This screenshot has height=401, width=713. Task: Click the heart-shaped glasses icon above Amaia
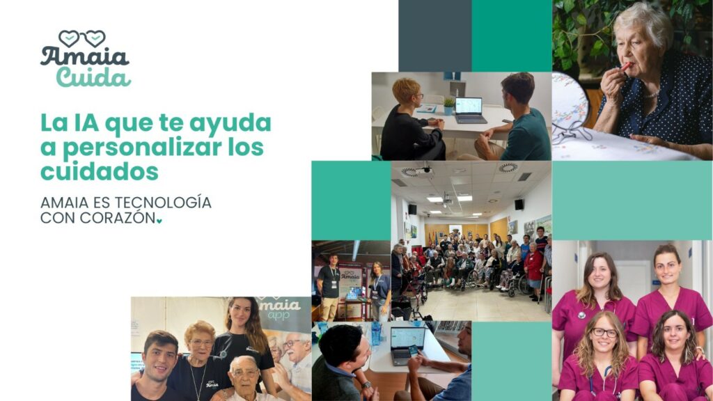coord(82,39)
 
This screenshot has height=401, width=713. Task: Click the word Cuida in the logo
coord(93,77)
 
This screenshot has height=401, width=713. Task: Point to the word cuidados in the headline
coord(100,171)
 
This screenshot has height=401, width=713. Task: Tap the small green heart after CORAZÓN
coord(159,221)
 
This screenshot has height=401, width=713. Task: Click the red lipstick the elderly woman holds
coord(626,67)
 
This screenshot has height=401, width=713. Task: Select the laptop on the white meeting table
coord(470,111)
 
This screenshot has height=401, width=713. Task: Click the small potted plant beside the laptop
coord(449,107)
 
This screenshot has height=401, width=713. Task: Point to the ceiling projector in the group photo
coord(448,198)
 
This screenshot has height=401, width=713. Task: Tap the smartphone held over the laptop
coord(413,351)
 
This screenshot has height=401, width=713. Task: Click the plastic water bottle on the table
coord(376,335)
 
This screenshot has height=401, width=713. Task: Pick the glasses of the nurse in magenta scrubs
coord(605,332)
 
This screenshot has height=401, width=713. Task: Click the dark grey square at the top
coord(435,36)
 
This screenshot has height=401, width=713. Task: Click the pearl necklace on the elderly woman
coord(652,94)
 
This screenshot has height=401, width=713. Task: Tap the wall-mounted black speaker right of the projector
coord(519,205)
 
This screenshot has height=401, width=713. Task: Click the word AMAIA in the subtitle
coord(65,203)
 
